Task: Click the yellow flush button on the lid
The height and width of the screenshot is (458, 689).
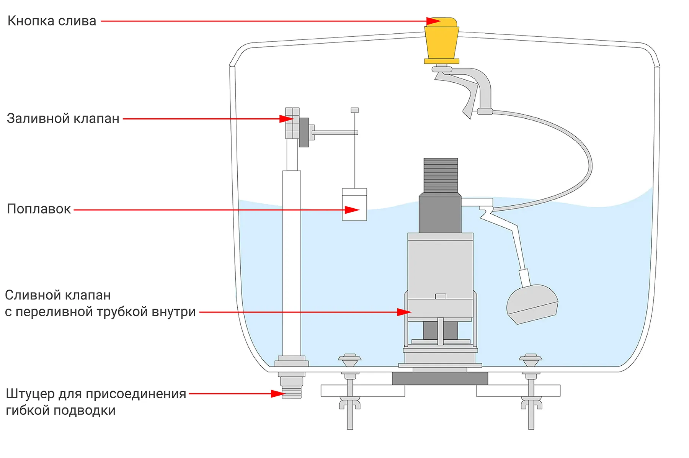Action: [441, 40]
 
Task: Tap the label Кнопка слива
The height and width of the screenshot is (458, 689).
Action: [52, 21]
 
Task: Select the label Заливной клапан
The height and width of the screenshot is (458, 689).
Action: [63, 119]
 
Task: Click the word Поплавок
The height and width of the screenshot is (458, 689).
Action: [39, 209]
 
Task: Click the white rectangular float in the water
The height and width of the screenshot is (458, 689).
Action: [354, 204]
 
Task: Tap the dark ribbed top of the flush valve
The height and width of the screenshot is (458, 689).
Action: [441, 175]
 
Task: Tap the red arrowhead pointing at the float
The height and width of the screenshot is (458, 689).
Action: [352, 210]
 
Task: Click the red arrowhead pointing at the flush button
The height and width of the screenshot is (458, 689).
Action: [434, 21]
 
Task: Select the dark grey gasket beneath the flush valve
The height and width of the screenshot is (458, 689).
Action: [440, 379]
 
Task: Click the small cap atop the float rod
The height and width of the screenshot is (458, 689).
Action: [355, 110]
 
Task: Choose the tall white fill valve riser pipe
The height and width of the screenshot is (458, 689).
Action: [291, 264]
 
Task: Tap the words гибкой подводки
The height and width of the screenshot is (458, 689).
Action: [60, 411]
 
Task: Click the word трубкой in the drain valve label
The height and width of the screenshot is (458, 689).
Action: [122, 312]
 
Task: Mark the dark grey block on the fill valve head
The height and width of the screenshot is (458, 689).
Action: [304, 132]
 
